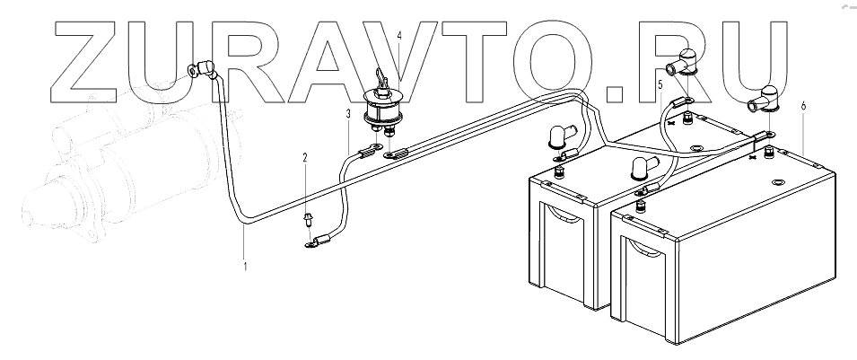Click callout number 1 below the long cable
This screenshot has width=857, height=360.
244,267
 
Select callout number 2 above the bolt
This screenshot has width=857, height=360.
304,158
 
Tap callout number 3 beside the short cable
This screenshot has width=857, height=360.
347,114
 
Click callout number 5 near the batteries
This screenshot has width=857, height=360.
660,84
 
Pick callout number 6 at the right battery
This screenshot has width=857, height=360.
802,106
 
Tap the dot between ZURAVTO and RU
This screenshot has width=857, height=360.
618,90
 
